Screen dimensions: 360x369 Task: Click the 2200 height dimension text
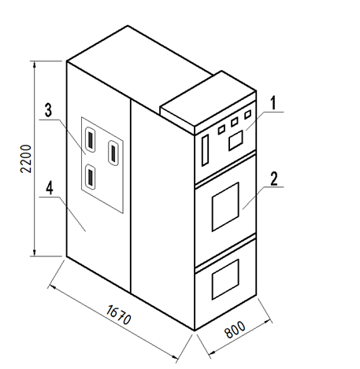click(x=26, y=158)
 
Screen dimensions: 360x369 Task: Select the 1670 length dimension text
click(x=118, y=315)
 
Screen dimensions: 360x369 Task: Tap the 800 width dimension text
click(x=235, y=330)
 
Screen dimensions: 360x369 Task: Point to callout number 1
click(x=273, y=103)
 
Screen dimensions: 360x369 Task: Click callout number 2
click(x=273, y=179)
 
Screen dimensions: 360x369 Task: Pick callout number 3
click(x=48, y=110)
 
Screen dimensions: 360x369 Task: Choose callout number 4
click(x=50, y=188)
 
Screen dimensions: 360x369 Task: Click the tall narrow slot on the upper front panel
click(x=205, y=150)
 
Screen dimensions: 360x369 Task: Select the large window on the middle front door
click(x=225, y=207)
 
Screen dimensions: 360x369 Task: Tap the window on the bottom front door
click(x=225, y=279)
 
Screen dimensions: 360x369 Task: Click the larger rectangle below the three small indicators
click(x=236, y=140)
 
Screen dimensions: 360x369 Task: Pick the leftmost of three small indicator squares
click(x=221, y=130)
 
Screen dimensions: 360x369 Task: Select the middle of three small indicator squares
click(x=234, y=122)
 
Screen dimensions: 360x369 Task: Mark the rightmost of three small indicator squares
click(x=247, y=115)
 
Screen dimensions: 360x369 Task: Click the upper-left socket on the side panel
click(x=91, y=139)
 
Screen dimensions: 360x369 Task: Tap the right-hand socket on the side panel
click(x=113, y=153)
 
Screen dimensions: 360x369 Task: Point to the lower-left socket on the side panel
click(x=91, y=176)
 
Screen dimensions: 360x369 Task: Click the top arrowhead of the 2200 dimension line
click(x=35, y=65)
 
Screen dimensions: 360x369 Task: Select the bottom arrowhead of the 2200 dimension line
click(x=35, y=253)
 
